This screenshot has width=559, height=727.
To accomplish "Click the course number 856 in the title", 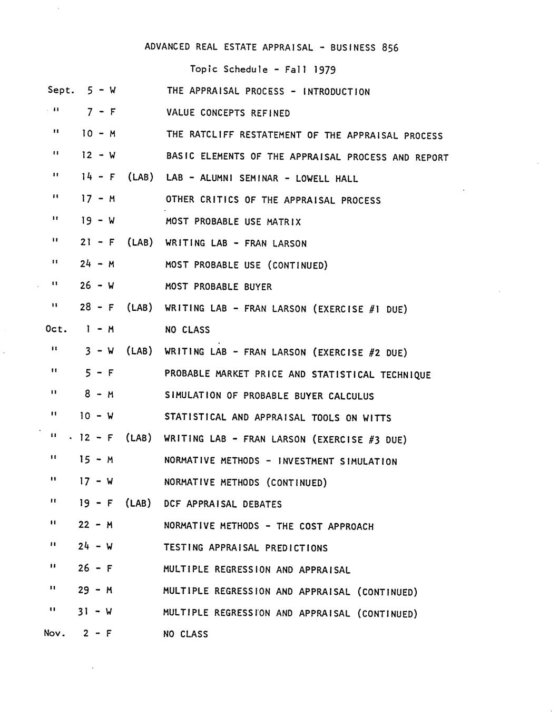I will point(390,48).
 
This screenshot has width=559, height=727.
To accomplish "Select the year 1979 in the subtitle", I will point(325,70).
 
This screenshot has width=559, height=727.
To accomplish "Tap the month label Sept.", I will point(61,91).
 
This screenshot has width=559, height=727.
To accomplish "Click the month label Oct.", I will point(56,330).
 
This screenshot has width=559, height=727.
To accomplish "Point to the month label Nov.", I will point(55,634).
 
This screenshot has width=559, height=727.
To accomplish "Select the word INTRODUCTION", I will point(337,92).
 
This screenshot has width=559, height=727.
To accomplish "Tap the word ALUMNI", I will point(217,179).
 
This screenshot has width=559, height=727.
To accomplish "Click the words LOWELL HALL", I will point(327,179).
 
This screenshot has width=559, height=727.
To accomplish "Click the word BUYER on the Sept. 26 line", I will point(258,287).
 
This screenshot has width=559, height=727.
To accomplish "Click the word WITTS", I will point(376,418).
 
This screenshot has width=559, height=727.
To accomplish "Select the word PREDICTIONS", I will point(296,548).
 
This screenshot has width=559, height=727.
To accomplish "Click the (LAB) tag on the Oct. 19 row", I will point(138,504).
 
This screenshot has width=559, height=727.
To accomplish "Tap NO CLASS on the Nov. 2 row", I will point(185,634).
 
